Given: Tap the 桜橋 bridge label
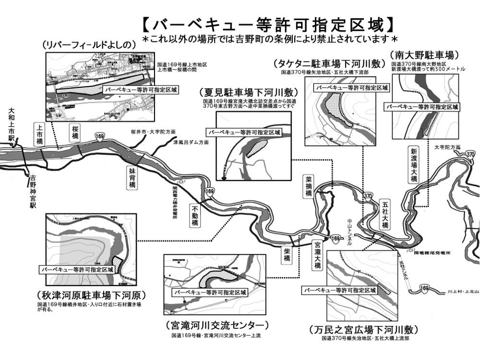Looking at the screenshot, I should pyautogui.click(x=75, y=132).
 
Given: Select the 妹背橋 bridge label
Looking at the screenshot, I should pyautogui.click(x=132, y=178).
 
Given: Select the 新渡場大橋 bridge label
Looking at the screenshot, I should pyautogui.click(x=414, y=165).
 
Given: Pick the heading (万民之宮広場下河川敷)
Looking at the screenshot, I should pyautogui.click(x=363, y=330).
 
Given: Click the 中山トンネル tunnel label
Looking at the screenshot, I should pyautogui.click(x=349, y=233).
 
